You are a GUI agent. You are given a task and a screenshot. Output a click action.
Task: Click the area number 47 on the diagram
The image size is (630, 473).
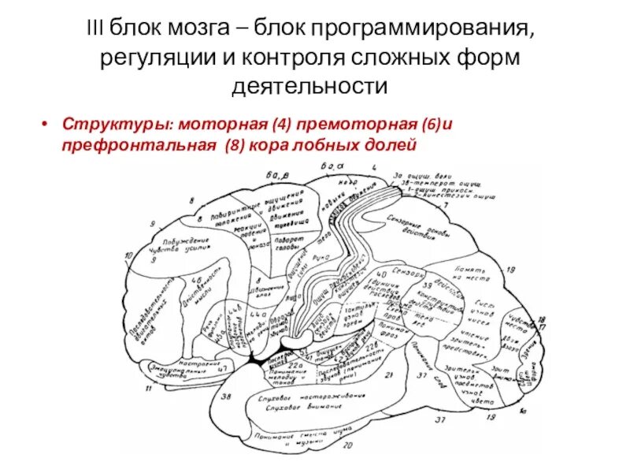pos(223,368)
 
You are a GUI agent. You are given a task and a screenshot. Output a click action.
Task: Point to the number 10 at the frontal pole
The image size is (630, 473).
pos(128,256)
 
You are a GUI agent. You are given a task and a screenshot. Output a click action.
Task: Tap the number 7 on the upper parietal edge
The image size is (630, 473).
pos(445,206)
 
